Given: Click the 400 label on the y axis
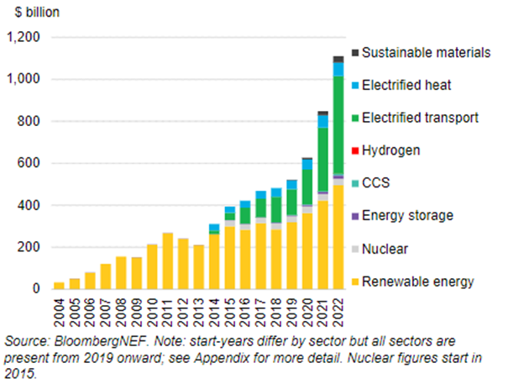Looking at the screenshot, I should tap(29, 205).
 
